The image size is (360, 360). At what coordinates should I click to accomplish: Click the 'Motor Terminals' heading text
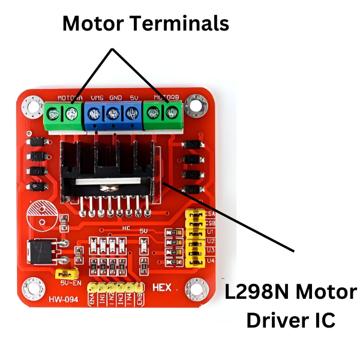(x=145, y=24)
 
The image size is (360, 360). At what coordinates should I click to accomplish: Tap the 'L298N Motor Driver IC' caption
(x=290, y=307)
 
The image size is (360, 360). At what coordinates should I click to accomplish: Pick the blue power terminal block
(x=113, y=113)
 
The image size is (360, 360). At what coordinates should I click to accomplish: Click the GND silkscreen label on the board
(x=115, y=97)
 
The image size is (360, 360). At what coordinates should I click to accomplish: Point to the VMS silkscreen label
(x=97, y=97)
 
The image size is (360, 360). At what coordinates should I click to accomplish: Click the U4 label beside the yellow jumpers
(x=210, y=260)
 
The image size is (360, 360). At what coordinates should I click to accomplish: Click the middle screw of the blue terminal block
(x=113, y=112)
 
